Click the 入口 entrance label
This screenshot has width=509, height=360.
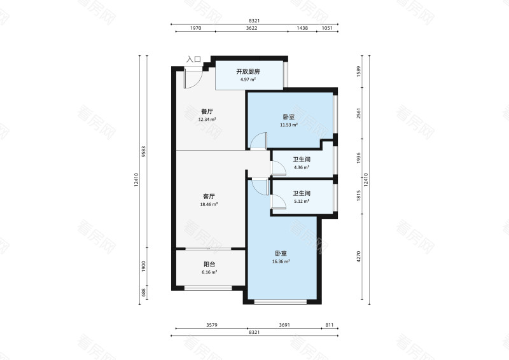pos(193,59)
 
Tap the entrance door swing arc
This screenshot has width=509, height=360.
pos(198,83)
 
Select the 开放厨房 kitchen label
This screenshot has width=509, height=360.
pos(248,71)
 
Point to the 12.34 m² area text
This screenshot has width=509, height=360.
pos(207,119)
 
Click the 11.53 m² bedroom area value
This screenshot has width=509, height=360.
pos(289,125)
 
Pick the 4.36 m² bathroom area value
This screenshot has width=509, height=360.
pos(302,167)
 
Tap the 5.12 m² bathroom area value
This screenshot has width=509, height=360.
pos(302,201)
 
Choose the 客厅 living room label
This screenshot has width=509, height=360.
pos(209,197)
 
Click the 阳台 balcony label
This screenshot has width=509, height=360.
pos(209,264)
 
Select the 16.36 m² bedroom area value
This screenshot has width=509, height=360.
pos(281,261)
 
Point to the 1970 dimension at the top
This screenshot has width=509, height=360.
pos(196,28)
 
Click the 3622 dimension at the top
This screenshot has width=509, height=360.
pos(251,28)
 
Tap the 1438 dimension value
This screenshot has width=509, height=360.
pos(302,28)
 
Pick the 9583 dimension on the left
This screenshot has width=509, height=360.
pos(144,151)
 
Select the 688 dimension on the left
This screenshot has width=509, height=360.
pos(144,293)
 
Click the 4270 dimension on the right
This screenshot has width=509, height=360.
pos(359,257)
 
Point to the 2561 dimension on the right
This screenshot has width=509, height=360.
pos(359,113)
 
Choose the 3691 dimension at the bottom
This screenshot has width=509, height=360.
pos(284,325)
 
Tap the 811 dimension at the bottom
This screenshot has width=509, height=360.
pos(329,325)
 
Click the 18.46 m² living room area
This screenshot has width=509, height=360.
pos(209,205)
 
